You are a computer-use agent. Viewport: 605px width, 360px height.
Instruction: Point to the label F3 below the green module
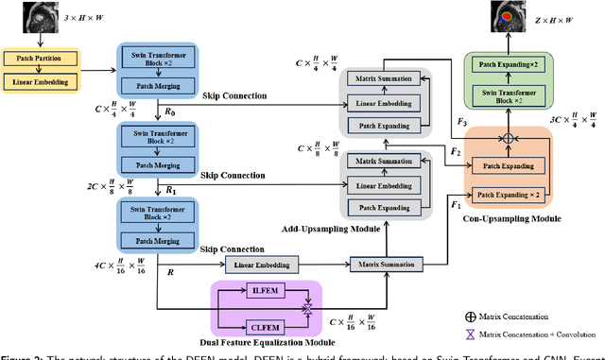460,124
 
